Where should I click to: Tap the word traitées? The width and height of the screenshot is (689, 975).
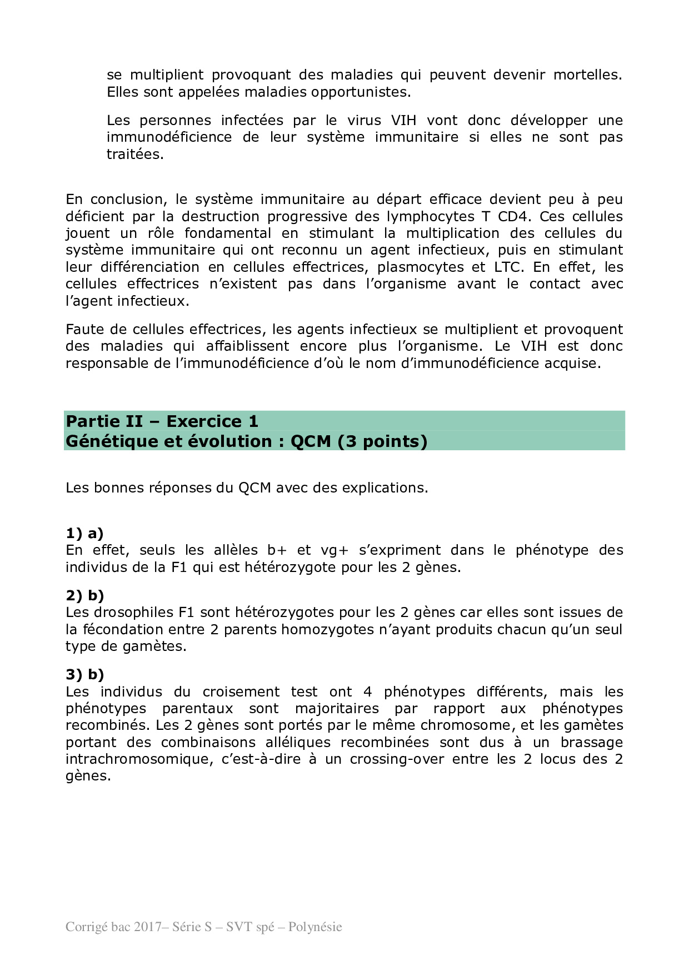click(135, 154)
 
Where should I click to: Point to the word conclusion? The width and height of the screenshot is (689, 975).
click(128, 200)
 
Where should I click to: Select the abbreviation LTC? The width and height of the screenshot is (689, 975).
click(508, 267)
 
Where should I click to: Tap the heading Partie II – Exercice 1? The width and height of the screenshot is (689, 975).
click(162, 421)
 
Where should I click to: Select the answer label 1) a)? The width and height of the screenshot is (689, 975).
click(84, 534)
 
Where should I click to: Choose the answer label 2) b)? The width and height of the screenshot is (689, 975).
click(85, 596)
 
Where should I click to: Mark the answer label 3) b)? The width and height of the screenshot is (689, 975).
click(85, 675)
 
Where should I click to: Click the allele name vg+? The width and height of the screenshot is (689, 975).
click(334, 550)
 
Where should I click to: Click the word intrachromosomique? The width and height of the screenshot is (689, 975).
click(139, 759)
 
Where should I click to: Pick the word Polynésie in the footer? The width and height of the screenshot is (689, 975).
click(315, 927)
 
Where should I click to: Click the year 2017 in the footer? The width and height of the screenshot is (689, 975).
click(147, 927)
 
